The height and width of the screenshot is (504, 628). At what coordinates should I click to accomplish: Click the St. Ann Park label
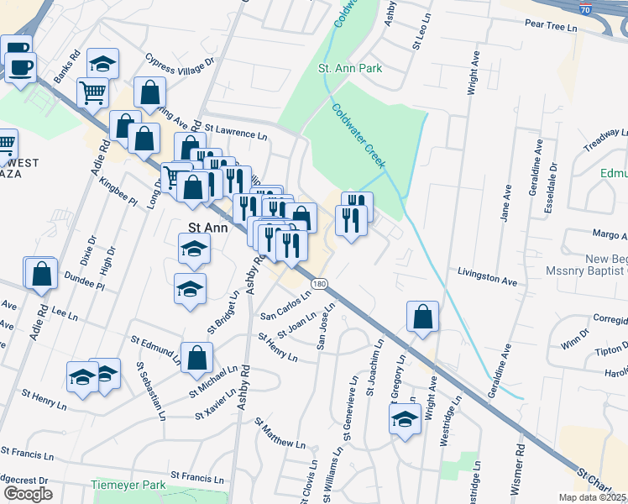coord(350,67)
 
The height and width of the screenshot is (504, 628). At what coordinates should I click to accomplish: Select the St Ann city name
coord(207,227)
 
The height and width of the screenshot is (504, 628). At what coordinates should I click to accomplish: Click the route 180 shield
coord(318,285)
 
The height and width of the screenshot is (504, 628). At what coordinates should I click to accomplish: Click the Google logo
coord(28,494)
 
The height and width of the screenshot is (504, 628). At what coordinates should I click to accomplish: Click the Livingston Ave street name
coord(486,277)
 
